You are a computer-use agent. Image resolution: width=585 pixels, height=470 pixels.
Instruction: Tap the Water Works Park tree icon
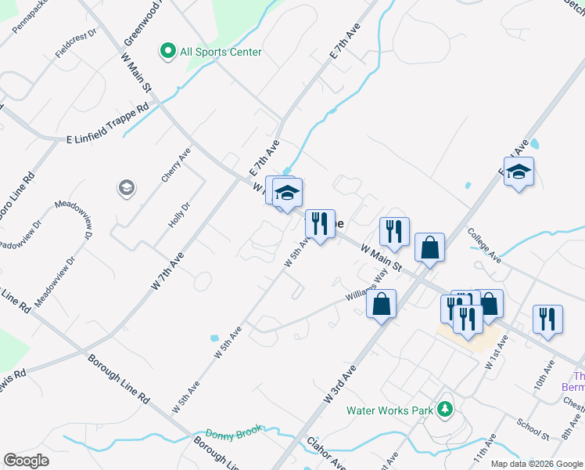tap(445, 409)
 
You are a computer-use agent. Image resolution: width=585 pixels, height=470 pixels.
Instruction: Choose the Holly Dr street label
tap(179, 215)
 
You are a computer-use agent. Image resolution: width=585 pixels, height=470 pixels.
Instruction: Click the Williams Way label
tap(368, 286)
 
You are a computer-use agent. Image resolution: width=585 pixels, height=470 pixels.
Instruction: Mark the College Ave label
tap(484, 244)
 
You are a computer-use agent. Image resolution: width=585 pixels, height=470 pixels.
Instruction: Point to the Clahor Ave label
tap(328, 453)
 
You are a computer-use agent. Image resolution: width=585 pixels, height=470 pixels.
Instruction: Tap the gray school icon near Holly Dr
tap(125, 188)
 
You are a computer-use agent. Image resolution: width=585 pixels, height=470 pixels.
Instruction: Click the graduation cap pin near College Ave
tap(519, 172)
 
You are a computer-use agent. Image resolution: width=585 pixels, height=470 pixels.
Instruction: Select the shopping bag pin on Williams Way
tap(381, 305)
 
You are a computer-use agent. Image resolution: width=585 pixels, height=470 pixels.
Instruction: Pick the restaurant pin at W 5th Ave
tap(318, 224)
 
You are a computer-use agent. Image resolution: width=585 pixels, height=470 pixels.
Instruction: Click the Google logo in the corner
tap(26, 461)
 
